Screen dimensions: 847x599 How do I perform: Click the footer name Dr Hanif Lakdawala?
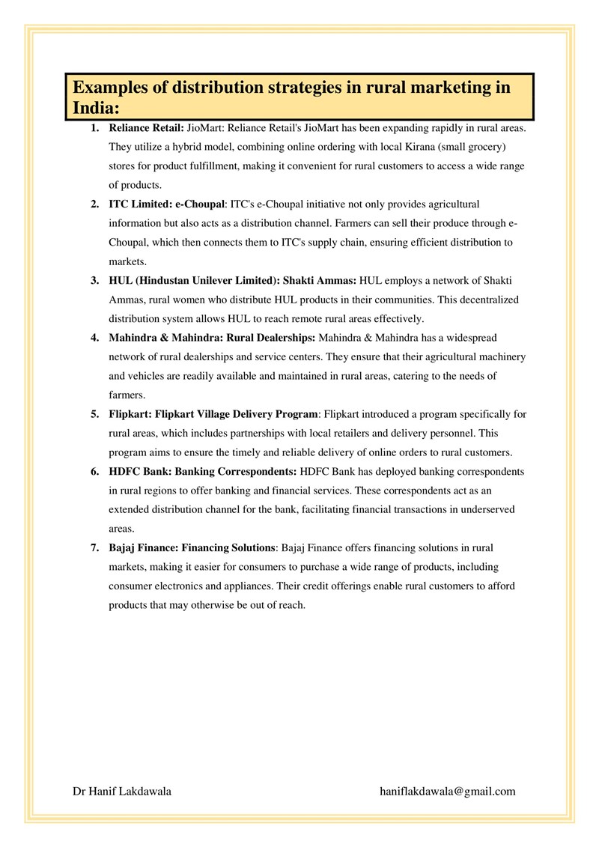click(x=121, y=791)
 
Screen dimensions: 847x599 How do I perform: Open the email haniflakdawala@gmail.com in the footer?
click(x=448, y=791)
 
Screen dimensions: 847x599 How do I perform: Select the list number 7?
click(x=94, y=548)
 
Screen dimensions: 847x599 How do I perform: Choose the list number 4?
click(x=94, y=338)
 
